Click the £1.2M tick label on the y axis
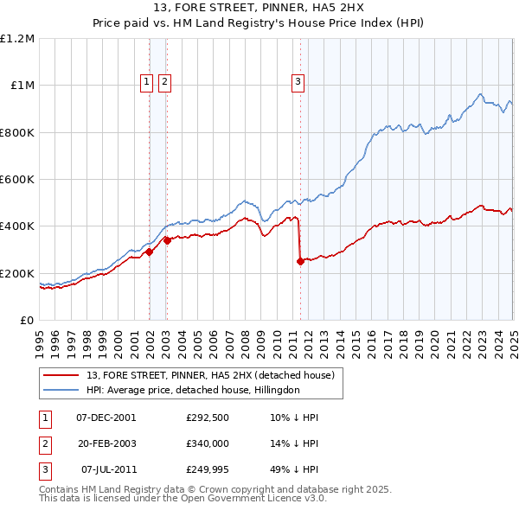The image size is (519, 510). (x=18, y=39)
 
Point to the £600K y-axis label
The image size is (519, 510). (x=17, y=180)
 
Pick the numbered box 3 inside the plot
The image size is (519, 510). (x=298, y=82)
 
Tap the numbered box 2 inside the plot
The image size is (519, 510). (x=163, y=82)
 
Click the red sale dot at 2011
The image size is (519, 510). (x=300, y=261)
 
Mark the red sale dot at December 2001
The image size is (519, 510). (x=149, y=252)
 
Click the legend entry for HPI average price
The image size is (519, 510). (x=192, y=390)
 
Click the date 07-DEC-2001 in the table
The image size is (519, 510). (x=106, y=418)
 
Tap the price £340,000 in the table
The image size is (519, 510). (x=208, y=443)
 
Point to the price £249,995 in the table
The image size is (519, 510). (x=208, y=469)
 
